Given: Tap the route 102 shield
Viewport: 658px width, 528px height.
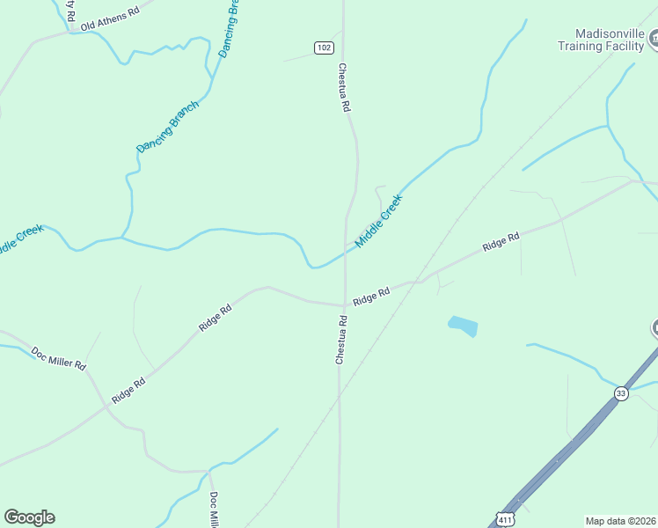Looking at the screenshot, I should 324,47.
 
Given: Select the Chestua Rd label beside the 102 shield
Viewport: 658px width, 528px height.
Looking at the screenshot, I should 345,86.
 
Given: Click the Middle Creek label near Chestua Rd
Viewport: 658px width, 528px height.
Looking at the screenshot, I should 378,221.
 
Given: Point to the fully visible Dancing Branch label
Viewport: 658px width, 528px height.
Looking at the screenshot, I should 168,127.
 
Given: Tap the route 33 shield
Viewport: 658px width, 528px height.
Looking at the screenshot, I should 622,392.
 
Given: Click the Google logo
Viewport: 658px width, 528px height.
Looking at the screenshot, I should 29,517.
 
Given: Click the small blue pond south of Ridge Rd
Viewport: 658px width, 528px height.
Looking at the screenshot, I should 463,326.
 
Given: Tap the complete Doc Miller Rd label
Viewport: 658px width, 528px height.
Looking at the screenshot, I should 58,358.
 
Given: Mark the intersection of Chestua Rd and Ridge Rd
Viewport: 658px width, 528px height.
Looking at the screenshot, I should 343,305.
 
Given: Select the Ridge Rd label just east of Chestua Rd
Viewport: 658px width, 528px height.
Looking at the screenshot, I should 370,297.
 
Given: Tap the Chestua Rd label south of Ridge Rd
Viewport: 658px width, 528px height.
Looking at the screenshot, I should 340,341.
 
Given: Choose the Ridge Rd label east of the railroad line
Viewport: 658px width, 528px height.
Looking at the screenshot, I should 501,242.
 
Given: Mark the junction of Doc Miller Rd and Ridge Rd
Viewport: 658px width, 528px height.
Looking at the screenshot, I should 106,407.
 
